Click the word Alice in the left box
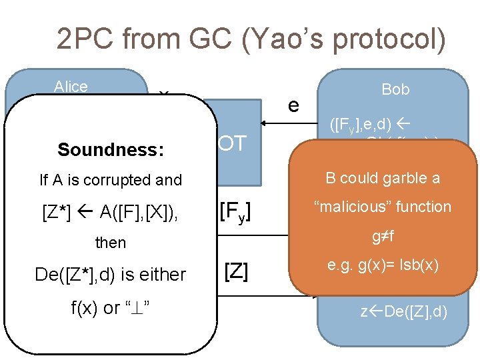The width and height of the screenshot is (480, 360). click(71, 87)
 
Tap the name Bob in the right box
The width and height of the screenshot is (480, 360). click(395, 89)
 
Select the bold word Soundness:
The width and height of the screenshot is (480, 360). click(111, 150)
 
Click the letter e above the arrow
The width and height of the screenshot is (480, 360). click(293, 105)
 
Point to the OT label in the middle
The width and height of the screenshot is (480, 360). click(232, 143)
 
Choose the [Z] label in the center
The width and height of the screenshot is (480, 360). click(236, 271)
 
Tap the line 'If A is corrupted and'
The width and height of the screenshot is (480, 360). click(111, 179)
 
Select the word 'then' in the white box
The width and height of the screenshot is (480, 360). click(111, 242)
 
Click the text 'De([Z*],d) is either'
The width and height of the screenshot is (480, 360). click(111, 273)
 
